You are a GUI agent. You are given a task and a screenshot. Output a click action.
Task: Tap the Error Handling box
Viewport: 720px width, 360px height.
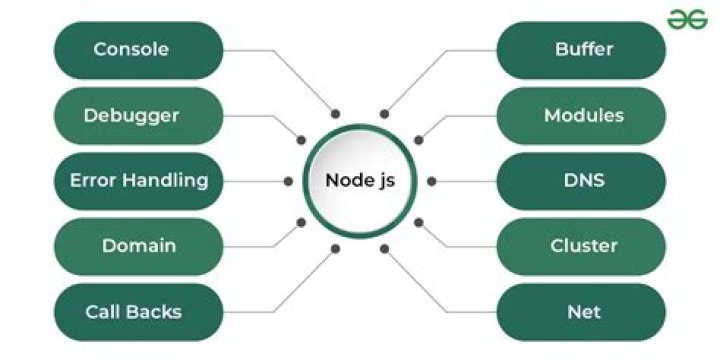(138, 181)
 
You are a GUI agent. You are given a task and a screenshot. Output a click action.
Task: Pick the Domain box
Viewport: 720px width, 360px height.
(138, 246)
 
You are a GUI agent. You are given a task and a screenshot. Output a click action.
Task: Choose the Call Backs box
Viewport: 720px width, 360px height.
(138, 312)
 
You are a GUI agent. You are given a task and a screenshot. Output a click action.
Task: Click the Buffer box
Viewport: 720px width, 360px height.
(582, 49)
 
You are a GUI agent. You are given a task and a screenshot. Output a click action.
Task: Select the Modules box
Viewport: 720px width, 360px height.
(582, 115)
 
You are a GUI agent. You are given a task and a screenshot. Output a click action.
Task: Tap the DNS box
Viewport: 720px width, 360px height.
(582, 181)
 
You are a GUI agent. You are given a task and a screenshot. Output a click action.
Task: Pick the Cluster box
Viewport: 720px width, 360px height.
(582, 246)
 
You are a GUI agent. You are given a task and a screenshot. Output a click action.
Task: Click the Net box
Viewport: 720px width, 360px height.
(582, 312)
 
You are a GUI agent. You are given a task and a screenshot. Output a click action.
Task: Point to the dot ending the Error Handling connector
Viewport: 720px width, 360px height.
(289, 181)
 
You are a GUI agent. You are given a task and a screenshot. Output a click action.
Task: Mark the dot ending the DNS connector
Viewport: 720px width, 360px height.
(431, 181)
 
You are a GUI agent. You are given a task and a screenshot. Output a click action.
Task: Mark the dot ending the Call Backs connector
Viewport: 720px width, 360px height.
(335, 248)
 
